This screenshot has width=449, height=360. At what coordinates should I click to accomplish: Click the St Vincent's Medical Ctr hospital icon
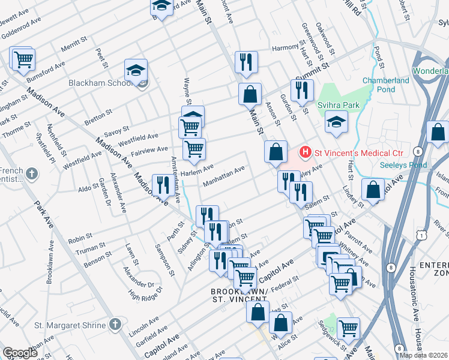tap(306, 152)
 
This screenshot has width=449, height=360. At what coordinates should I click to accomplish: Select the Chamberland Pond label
tap(385, 85)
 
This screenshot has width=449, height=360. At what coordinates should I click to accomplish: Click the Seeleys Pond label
tap(403, 165)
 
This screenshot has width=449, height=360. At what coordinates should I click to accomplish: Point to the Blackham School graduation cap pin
tap(136, 71)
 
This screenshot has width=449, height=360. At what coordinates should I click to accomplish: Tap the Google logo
tap(20, 353)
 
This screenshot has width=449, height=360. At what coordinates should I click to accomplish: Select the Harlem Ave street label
tap(196, 171)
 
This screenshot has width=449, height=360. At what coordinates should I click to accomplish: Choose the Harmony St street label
tap(284, 49)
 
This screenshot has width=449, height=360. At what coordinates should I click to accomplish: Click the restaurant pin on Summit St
tap(301, 90)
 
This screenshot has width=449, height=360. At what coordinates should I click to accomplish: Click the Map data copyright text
tap(423, 355)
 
